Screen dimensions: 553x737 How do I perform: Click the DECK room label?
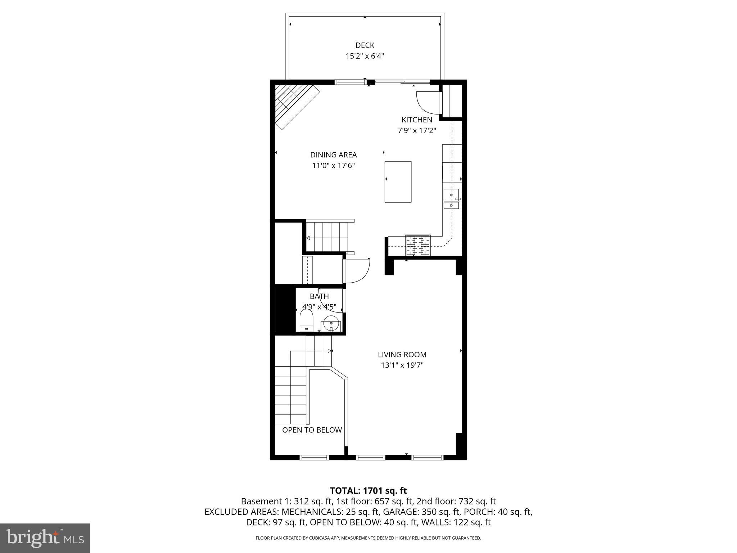365,45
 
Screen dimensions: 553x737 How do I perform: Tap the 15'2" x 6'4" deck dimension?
365,56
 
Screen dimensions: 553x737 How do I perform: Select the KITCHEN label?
417,120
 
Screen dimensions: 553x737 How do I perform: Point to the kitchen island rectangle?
398,182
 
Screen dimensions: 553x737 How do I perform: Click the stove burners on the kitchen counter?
418,245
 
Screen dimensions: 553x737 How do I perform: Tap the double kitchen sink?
451,199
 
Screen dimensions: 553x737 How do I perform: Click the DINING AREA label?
333,155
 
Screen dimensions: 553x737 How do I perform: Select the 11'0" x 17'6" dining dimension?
333,166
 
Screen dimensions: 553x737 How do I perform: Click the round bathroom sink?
331,323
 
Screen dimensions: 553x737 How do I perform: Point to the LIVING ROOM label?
402,355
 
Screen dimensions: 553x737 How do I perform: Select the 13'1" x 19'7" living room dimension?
402,365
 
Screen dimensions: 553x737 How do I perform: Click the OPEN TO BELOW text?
312,430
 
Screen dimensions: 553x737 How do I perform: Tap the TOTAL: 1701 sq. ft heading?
368,490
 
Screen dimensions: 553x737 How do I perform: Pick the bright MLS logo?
45,538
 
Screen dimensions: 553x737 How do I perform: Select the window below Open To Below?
314,457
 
